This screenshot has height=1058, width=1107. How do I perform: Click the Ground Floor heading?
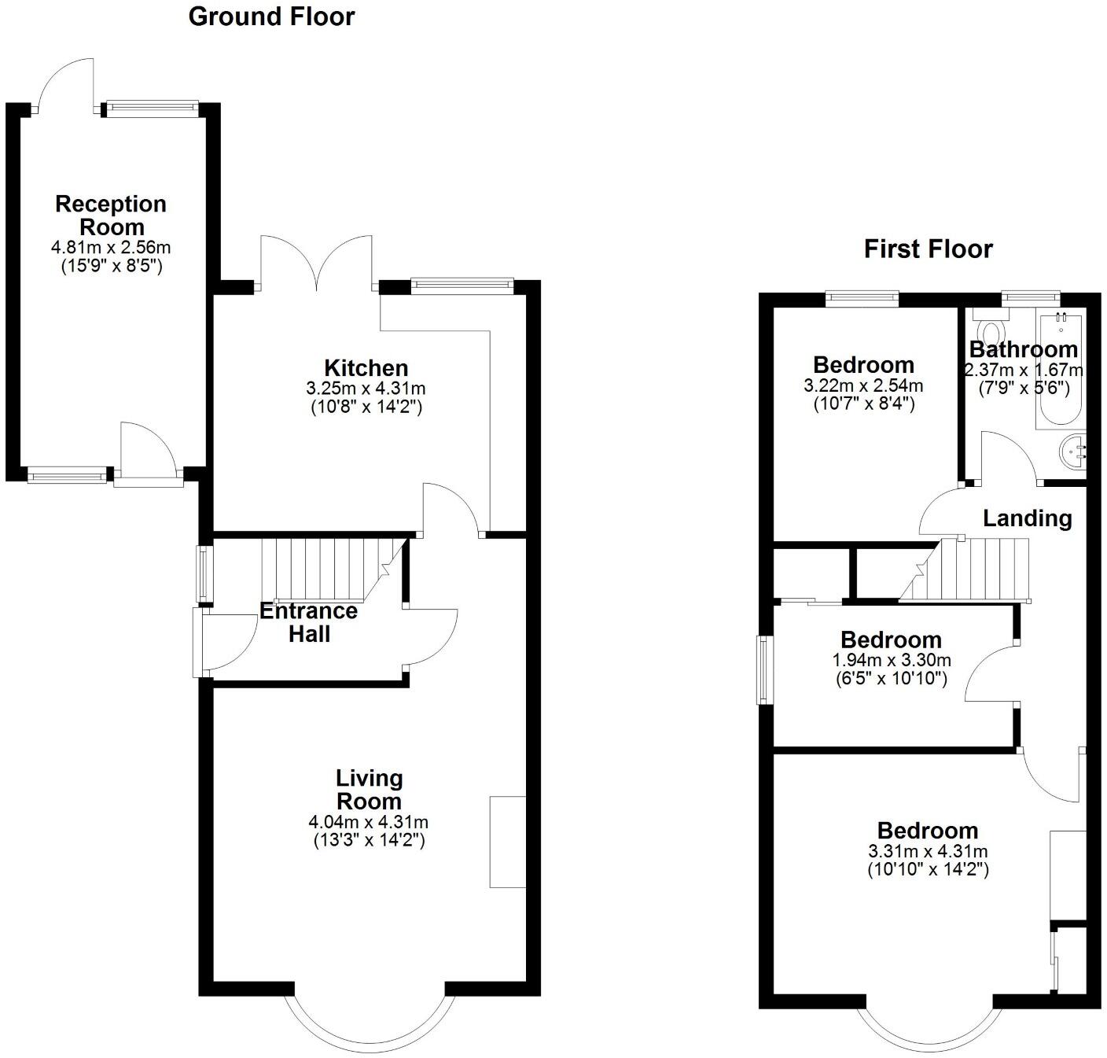click(271, 17)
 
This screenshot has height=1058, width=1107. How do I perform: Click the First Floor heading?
click(928, 249)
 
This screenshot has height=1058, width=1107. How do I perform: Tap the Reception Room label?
click(111, 216)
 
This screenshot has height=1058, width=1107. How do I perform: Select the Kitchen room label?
click(366, 367)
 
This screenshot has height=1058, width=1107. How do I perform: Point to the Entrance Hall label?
click(309, 622)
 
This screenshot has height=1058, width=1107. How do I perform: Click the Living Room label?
click(369, 790)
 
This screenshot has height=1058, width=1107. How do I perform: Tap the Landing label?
click(1028, 518)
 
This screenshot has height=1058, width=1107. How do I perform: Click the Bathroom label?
click(1024, 349)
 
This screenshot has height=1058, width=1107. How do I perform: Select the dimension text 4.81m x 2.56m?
click(111, 248)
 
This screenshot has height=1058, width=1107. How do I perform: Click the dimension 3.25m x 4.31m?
click(366, 389)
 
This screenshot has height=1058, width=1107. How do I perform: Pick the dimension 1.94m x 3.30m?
click(892, 660)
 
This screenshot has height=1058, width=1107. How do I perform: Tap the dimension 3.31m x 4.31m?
click(928, 851)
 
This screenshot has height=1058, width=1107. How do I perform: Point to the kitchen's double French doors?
click(316, 264)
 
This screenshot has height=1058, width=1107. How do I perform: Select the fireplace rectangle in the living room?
click(508, 842)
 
